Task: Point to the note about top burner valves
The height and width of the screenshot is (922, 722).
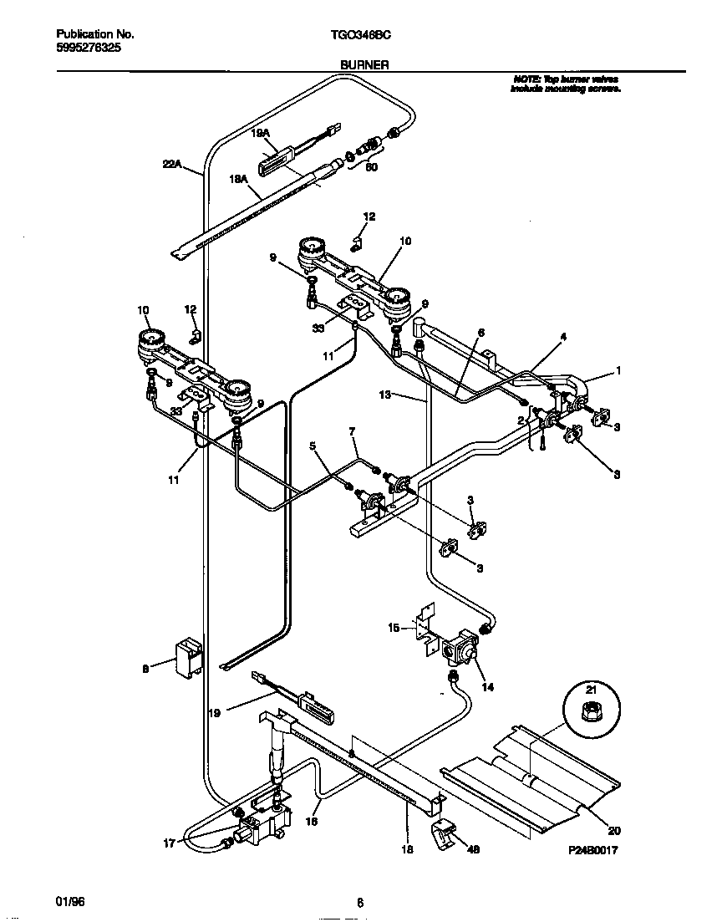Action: (566, 83)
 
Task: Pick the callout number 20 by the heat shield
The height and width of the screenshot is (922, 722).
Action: (614, 831)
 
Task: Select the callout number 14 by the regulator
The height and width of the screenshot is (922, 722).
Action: (487, 687)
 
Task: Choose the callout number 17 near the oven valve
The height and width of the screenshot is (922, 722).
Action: (170, 843)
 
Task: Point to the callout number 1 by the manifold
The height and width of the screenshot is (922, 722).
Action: (618, 370)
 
